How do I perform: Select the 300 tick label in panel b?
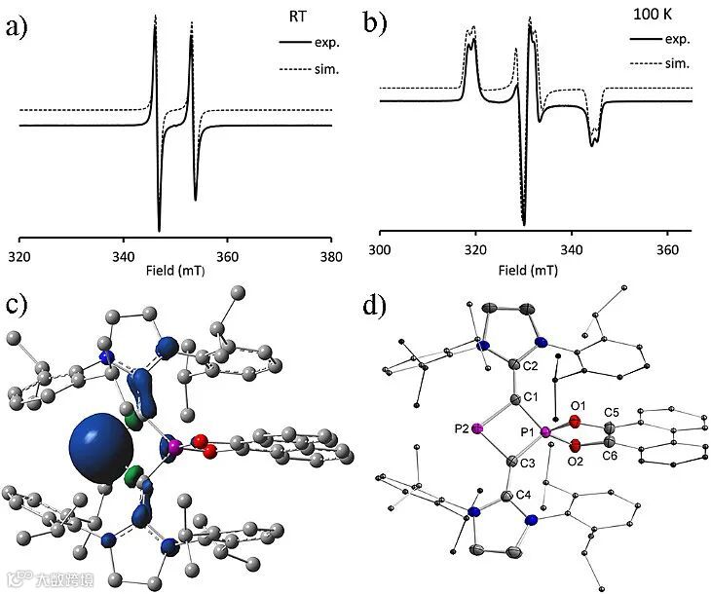pyautogui.click(x=381, y=250)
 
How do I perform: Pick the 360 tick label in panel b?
pyautogui.click(x=666, y=250)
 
